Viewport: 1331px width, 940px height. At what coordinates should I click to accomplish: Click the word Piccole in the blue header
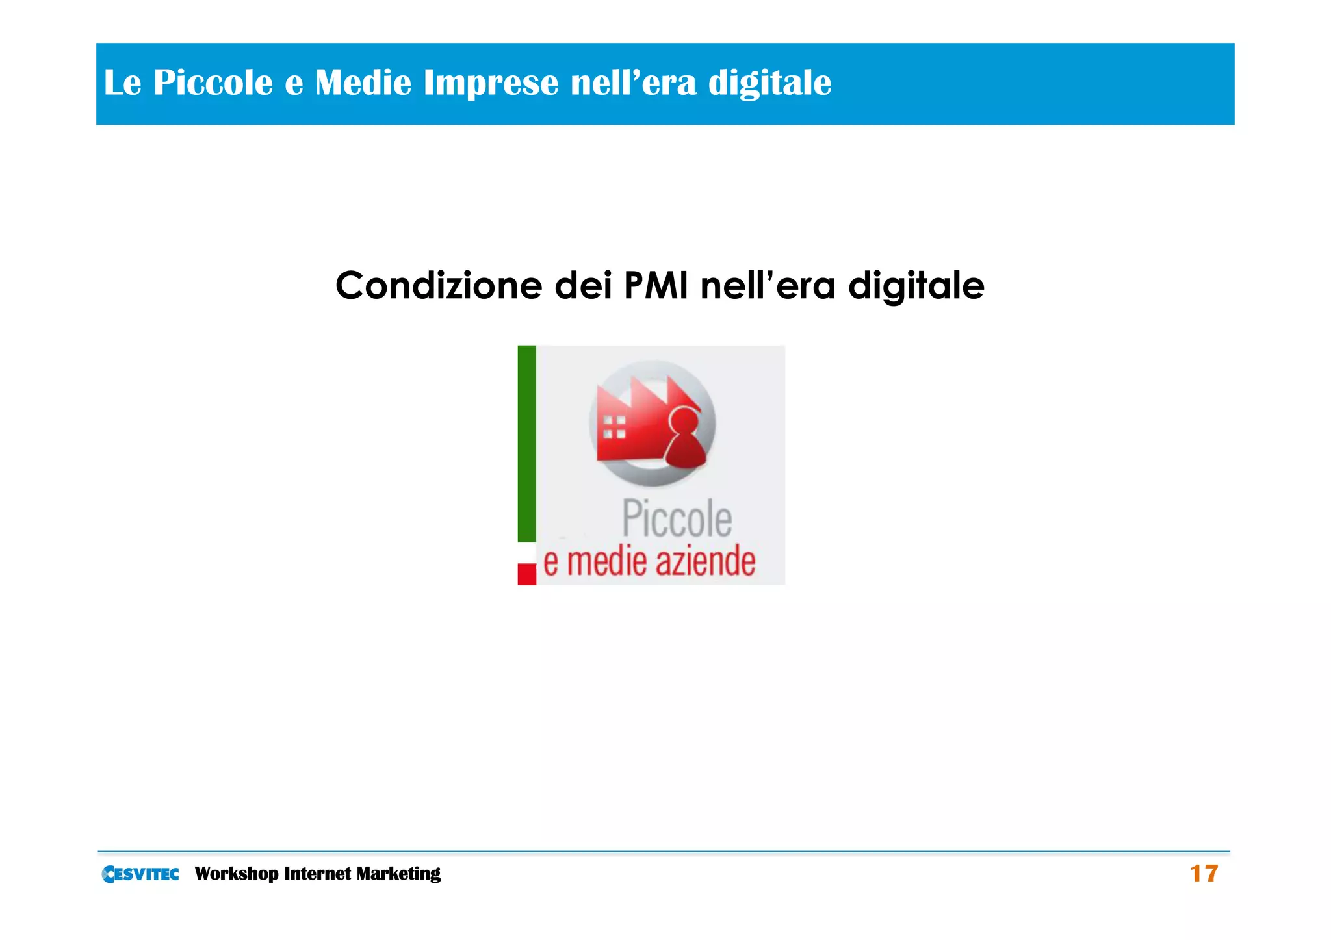click(x=213, y=83)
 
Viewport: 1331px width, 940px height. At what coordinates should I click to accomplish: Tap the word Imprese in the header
click(x=491, y=83)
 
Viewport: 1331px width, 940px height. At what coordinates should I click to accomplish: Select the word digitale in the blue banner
click(x=769, y=83)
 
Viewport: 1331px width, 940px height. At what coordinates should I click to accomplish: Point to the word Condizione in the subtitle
click(x=439, y=285)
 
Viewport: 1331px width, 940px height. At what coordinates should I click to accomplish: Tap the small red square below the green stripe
click(x=526, y=574)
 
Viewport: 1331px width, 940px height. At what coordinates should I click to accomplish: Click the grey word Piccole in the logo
click(x=677, y=519)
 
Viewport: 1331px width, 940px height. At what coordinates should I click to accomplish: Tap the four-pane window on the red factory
click(x=614, y=427)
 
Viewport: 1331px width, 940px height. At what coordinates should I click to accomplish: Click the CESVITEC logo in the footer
click(x=140, y=874)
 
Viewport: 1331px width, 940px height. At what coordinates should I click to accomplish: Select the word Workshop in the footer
click(x=237, y=874)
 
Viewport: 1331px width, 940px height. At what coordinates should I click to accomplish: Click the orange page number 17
click(x=1204, y=874)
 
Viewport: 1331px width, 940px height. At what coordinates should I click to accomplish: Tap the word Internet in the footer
click(x=317, y=874)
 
